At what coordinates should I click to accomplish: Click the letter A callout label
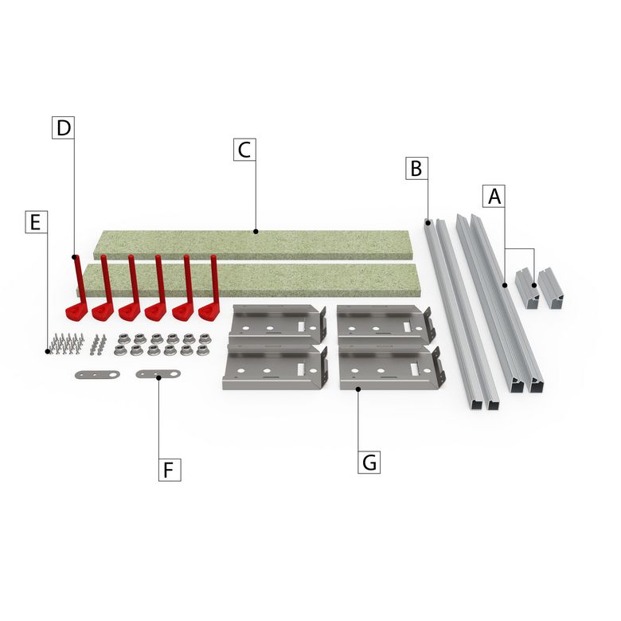click(x=494, y=196)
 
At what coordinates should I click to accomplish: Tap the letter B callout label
click(x=416, y=168)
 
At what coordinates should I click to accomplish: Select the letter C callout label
click(x=244, y=150)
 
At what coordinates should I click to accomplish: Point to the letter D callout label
click(x=64, y=127)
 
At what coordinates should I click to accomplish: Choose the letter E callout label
click(x=37, y=222)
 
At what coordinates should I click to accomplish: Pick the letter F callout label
click(x=170, y=470)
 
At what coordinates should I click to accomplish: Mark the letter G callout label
click(x=369, y=463)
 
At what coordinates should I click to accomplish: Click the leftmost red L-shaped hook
click(x=76, y=289)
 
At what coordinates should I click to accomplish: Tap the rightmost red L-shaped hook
click(x=210, y=289)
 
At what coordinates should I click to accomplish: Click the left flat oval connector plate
click(x=97, y=374)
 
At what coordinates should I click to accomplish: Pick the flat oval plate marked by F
click(x=158, y=374)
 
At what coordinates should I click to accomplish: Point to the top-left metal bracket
click(x=277, y=324)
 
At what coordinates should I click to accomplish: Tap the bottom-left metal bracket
click(x=275, y=367)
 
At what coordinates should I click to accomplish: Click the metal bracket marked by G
click(x=392, y=368)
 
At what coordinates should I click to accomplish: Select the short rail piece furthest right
click(x=551, y=288)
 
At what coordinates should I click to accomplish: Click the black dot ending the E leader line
click(x=48, y=351)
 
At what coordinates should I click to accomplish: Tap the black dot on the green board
click(x=256, y=232)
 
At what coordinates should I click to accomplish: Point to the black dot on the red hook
click(x=74, y=257)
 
